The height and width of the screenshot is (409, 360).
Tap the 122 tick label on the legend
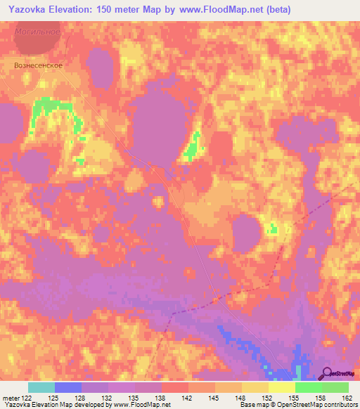click(x=27, y=398)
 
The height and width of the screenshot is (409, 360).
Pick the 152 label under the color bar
click(x=267, y=398)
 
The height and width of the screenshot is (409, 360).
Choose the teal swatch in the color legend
click(x=41, y=387)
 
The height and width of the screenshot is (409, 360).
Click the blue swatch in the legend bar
click(x=68, y=387)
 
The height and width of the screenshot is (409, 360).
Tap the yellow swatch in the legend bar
click(x=282, y=387)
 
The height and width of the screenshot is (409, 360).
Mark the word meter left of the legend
click(x=11, y=398)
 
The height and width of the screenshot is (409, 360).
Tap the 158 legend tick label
click(x=321, y=398)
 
